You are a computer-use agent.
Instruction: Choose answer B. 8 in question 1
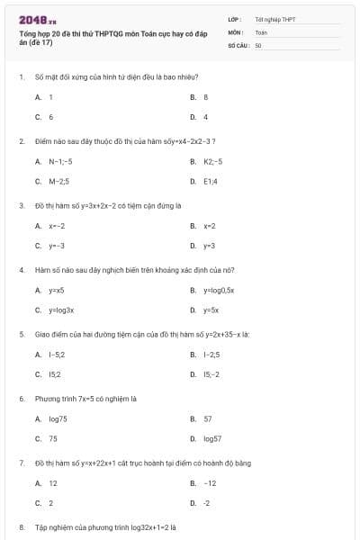click(205, 96)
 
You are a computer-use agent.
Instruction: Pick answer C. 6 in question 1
click(50, 117)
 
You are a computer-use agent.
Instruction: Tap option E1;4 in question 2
click(211, 181)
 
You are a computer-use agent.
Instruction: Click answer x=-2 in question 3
click(57, 226)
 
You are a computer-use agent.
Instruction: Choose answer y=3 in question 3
click(209, 246)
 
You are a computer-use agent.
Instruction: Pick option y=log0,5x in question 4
click(218, 291)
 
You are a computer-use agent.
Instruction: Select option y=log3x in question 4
click(60, 310)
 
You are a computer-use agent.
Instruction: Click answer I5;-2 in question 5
click(211, 374)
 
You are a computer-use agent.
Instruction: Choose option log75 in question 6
click(58, 418)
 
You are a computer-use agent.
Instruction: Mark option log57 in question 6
click(212, 438)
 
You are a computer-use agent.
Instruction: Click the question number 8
click(21, 527)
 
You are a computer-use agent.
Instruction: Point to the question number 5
click(21, 334)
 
